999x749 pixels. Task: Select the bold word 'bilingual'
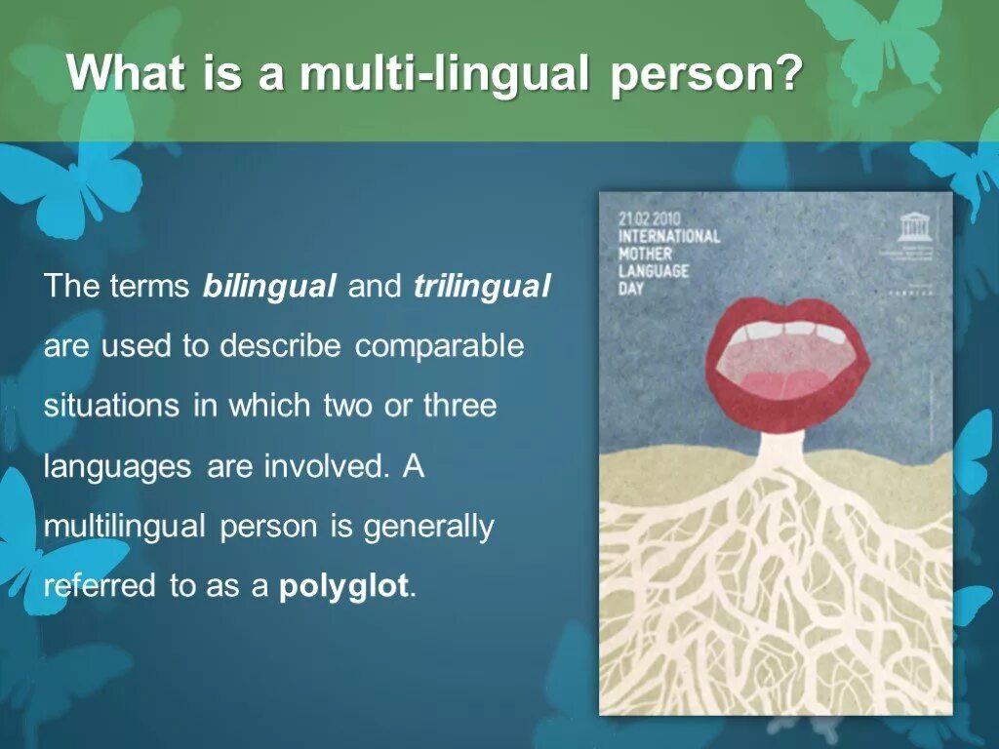coord(269,287)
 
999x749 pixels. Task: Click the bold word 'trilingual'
coord(482,287)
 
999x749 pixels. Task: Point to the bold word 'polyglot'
coord(345,587)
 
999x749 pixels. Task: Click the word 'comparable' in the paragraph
coord(439,346)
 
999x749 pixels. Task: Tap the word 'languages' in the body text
coord(117,466)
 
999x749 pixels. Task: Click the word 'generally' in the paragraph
coord(429,527)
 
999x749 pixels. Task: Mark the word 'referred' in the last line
coord(100,587)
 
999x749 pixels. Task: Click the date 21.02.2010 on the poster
coord(651,217)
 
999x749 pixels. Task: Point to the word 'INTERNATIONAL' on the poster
coord(669,235)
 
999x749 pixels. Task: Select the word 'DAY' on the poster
coord(632,288)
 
